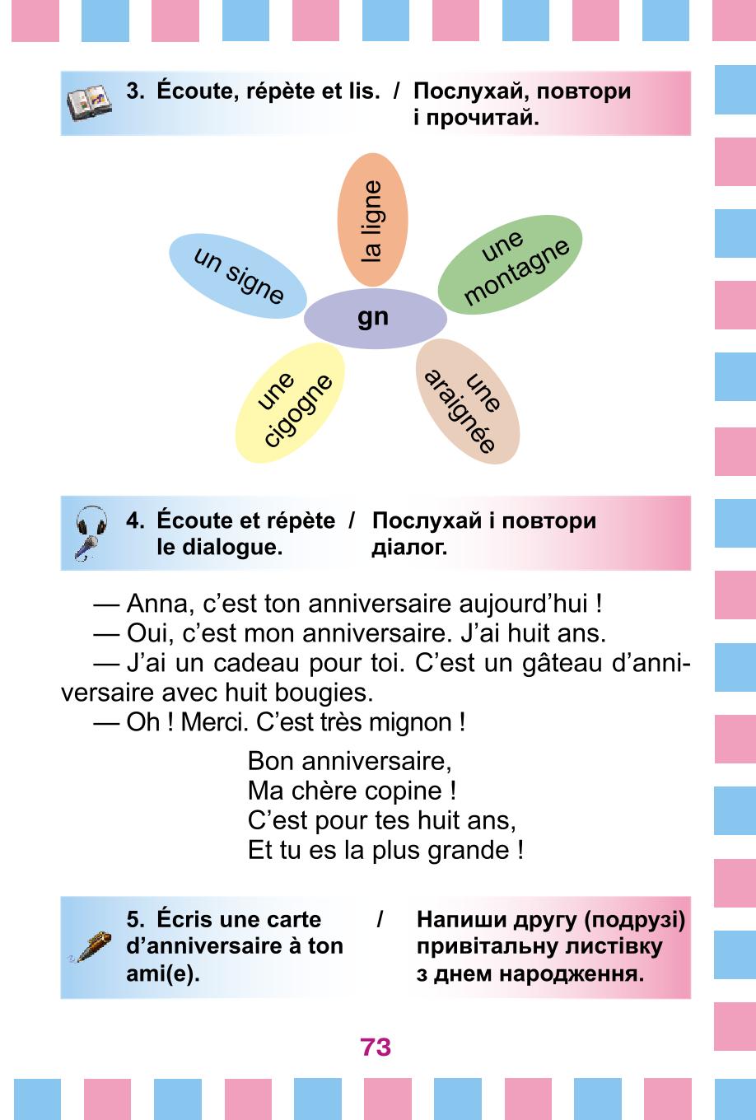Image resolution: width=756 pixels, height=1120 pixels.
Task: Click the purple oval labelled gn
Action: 375,318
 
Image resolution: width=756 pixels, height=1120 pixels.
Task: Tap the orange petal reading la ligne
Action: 372,220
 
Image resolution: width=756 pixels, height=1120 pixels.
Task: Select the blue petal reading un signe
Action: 237,276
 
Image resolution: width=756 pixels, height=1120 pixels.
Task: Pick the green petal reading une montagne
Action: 511,265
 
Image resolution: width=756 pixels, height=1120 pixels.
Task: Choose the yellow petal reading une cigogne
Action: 290,403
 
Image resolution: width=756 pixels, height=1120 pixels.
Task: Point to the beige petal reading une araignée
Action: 468,401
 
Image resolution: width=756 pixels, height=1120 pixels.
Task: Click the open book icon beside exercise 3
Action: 89,102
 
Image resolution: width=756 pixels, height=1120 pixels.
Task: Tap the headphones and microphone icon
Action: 91,533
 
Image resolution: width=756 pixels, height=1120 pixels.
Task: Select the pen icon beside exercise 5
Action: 90,947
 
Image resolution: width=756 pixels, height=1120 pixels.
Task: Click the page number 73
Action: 376,1047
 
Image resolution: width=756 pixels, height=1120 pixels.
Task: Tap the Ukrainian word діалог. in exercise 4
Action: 409,548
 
